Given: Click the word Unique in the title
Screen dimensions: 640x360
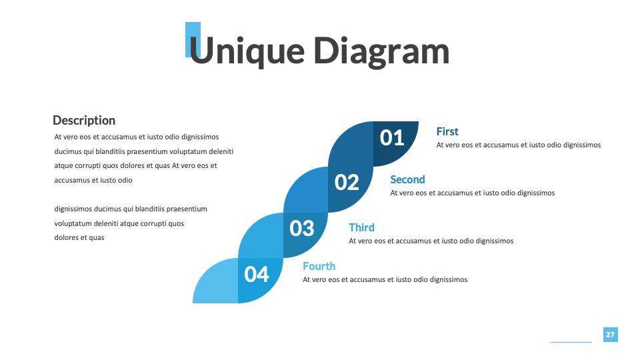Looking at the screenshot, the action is point(247,51).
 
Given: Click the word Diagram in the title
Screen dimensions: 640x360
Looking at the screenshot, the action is point(381,51).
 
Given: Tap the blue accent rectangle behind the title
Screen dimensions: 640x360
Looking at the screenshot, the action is point(193,39).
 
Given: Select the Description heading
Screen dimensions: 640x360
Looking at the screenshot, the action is point(84,121).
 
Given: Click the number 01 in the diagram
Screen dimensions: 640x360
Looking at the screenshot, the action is point(392,138).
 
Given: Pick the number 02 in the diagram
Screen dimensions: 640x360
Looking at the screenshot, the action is point(347,183).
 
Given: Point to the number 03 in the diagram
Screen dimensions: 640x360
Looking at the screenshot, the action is point(301,229).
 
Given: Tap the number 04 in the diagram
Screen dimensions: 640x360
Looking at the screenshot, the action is point(256,274).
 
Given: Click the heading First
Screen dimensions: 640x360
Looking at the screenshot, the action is point(447,131).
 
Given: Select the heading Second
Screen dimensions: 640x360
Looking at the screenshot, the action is point(407,179).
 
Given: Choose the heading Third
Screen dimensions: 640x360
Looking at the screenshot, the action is point(361,227).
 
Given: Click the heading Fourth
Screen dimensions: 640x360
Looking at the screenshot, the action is point(319,266).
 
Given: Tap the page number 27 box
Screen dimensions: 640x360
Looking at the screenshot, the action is point(610,335).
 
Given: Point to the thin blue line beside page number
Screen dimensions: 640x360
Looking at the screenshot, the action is point(571,342).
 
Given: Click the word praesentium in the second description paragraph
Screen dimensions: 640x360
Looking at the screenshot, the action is point(187,209).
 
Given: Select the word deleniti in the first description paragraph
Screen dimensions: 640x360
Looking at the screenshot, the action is point(221,151).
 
